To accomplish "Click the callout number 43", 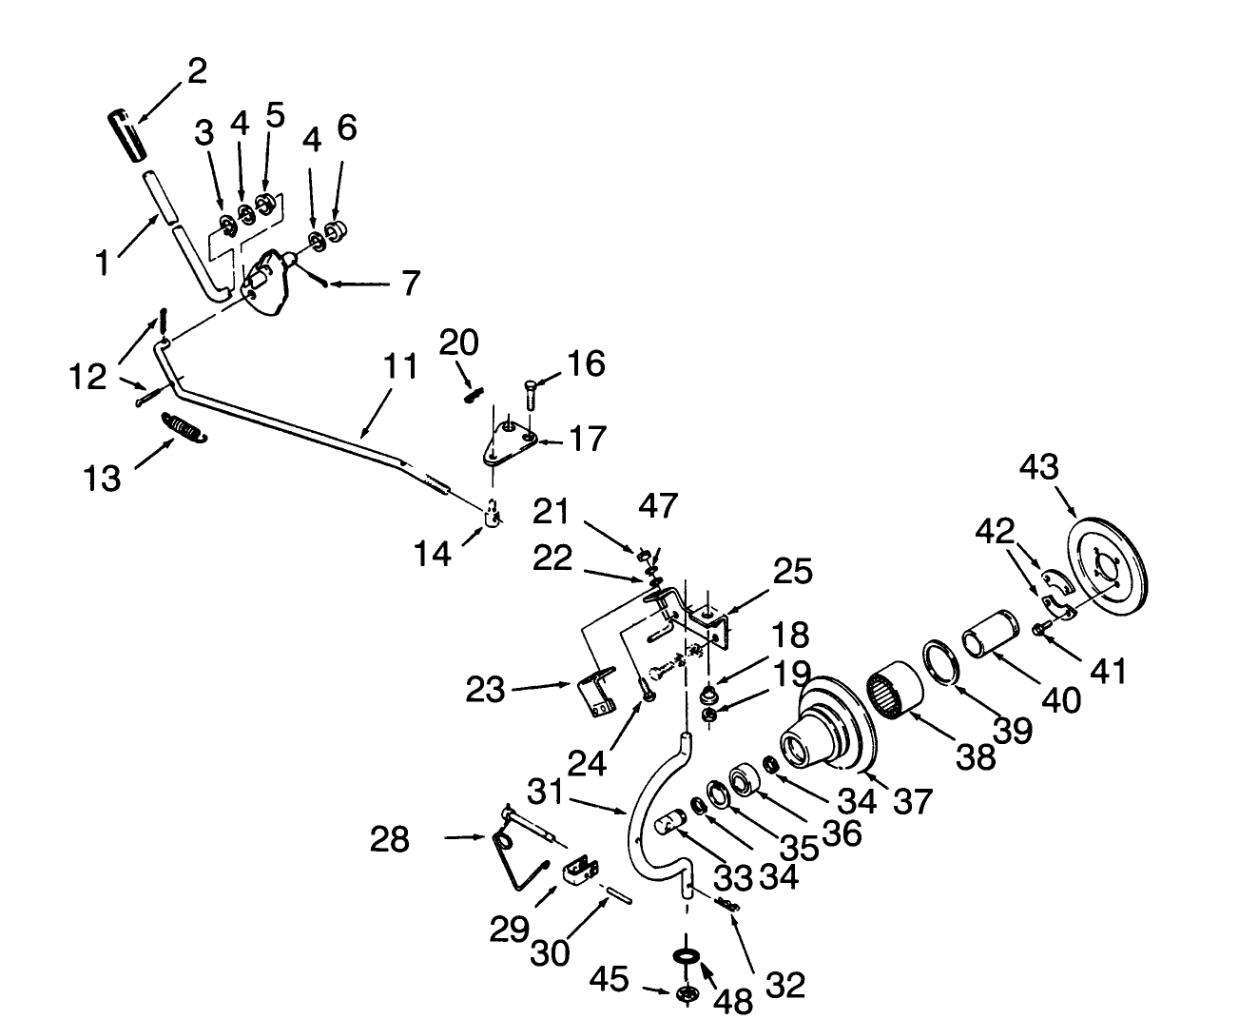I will [x=1040, y=468].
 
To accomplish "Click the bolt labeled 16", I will [x=530, y=391].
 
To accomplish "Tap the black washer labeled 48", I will [x=685, y=954].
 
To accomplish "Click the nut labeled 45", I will [x=684, y=993].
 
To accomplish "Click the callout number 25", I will [x=792, y=572].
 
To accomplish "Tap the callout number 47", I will [x=657, y=506].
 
